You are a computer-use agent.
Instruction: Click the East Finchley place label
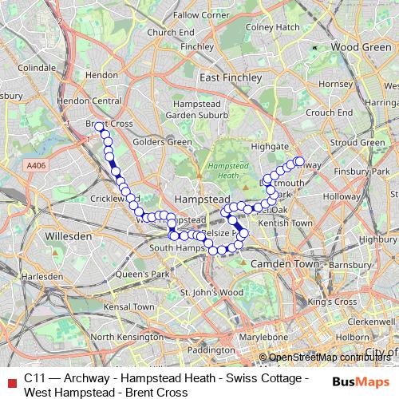point(231,77)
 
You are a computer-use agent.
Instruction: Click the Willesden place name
point(69,237)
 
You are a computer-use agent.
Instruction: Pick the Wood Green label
point(361,47)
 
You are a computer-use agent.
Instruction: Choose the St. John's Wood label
point(211,293)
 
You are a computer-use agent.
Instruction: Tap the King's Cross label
point(332,302)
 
